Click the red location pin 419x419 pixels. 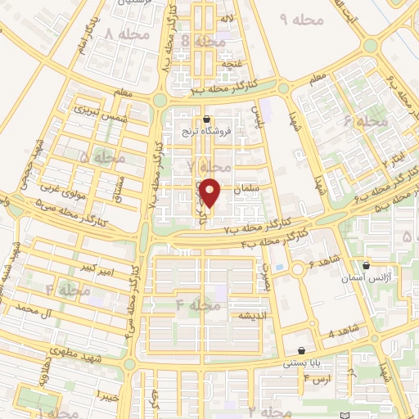[x=211, y=192]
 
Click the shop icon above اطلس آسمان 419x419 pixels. [x=366, y=265]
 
